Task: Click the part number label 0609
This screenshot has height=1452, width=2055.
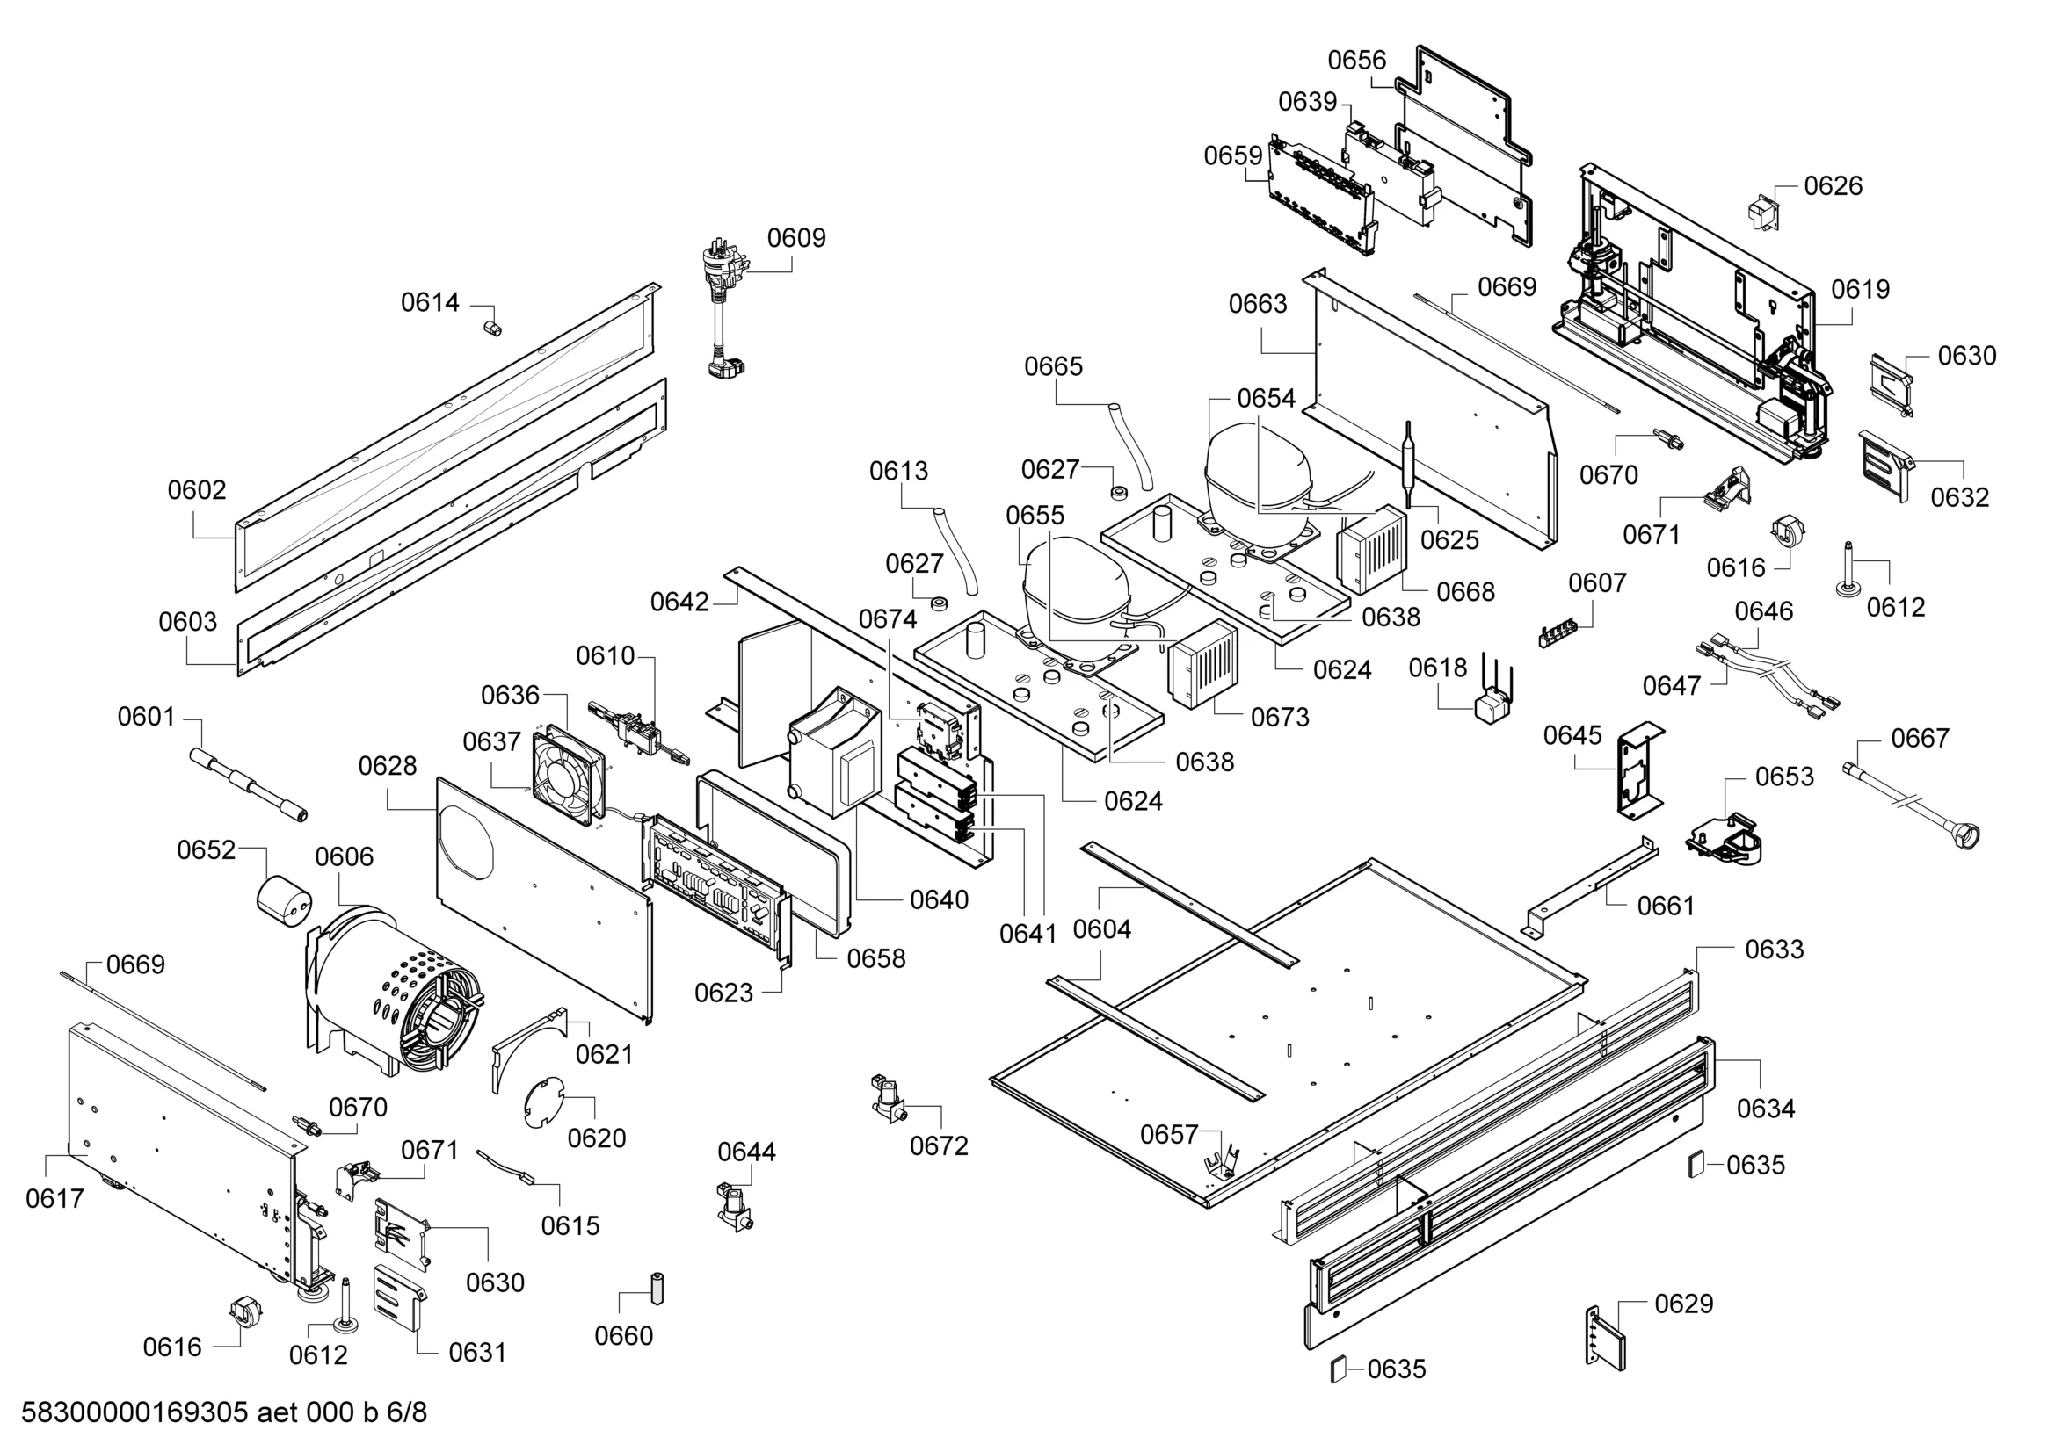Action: click(x=795, y=238)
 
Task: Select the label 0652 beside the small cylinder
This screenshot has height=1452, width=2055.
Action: click(x=206, y=850)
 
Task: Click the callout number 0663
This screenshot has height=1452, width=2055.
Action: click(x=1258, y=304)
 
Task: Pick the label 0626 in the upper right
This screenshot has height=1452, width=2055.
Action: click(x=1833, y=186)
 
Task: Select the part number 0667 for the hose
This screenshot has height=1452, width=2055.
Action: click(x=1920, y=738)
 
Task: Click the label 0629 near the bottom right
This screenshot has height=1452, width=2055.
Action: click(x=1683, y=1304)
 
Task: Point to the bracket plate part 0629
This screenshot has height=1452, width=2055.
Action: click(x=1606, y=1338)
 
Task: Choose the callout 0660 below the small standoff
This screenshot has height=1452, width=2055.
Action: click(x=624, y=1336)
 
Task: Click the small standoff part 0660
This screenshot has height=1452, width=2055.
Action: click(x=656, y=1288)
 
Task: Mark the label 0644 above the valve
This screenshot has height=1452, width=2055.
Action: click(x=746, y=1152)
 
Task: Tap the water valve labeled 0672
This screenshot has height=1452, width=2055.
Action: click(x=888, y=1099)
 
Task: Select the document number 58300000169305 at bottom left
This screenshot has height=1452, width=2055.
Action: click(x=134, y=1412)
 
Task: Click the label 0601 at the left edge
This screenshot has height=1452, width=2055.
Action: click(x=147, y=717)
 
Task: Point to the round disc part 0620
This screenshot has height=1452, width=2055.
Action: click(x=542, y=1102)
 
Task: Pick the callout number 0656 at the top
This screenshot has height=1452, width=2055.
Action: click(x=1357, y=61)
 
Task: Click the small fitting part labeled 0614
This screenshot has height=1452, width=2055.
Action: click(x=491, y=326)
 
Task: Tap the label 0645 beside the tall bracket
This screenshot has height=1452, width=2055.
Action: click(x=1572, y=735)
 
